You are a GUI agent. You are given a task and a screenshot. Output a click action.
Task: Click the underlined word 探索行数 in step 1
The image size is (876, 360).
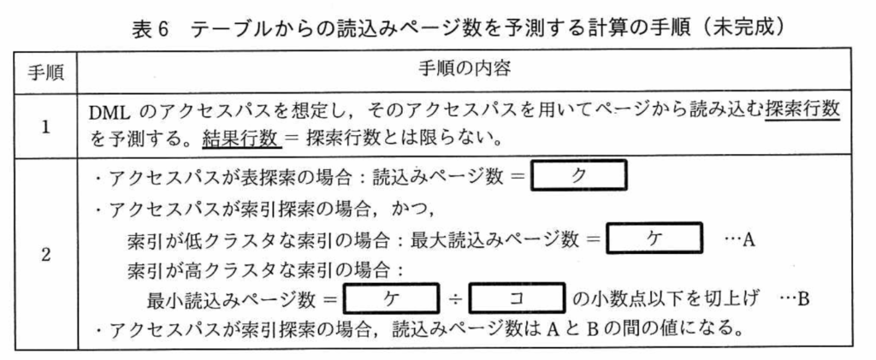803,113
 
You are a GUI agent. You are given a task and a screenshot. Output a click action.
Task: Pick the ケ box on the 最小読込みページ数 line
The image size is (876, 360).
389,300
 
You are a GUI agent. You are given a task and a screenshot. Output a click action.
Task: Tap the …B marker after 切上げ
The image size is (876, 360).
793,300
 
